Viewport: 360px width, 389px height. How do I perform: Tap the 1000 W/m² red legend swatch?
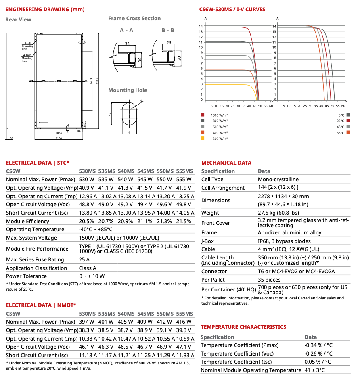(203, 115)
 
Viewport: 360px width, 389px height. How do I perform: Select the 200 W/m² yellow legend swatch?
(203, 138)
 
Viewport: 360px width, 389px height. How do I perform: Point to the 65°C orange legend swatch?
(347, 132)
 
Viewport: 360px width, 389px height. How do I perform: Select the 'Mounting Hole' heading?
(128, 90)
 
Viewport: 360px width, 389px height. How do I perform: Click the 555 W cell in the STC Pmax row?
(184, 180)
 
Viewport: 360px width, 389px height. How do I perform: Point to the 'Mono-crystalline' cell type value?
(278, 180)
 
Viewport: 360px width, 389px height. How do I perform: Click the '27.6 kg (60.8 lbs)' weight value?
(278, 213)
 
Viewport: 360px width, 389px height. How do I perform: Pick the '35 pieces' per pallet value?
(269, 280)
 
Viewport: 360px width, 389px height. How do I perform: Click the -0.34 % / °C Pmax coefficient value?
(318, 345)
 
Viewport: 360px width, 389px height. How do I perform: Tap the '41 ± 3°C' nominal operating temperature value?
(314, 370)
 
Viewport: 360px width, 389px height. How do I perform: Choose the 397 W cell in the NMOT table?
(86, 322)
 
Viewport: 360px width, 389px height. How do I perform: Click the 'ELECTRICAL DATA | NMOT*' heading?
(41, 305)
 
